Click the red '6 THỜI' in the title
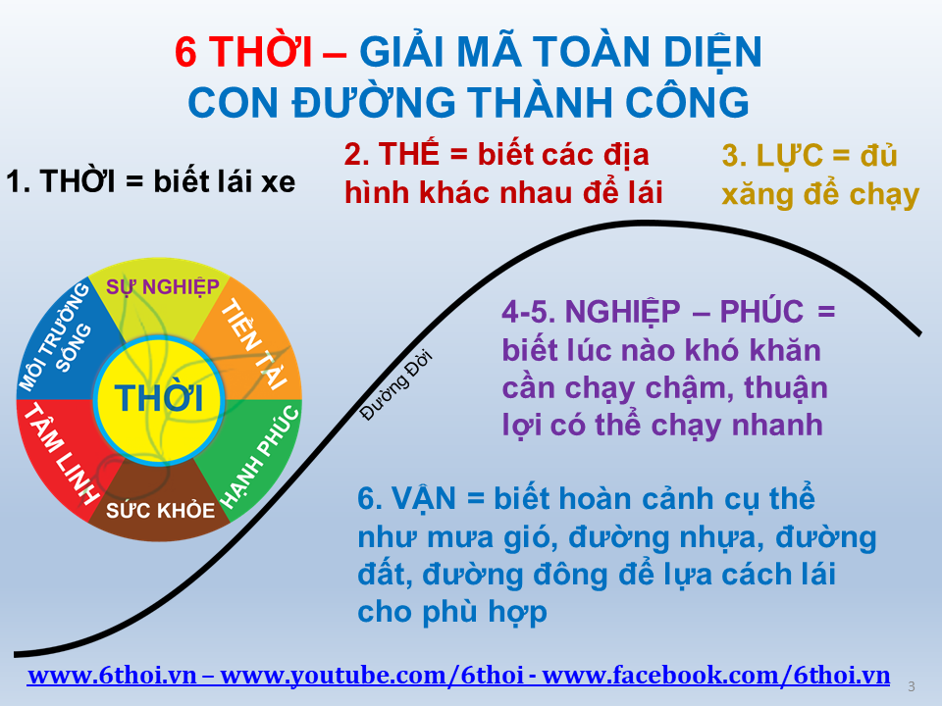pyautogui.click(x=243, y=51)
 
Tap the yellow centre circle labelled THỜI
pyautogui.click(x=159, y=399)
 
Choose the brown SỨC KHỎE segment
pyautogui.click(x=160, y=507)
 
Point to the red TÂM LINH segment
pyautogui.click(x=63, y=453)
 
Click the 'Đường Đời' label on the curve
pyautogui.click(x=395, y=385)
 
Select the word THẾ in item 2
pyautogui.click(x=408, y=154)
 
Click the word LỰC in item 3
pyautogui.click(x=789, y=156)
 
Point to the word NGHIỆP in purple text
pyautogui.click(x=622, y=312)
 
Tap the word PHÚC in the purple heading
pyautogui.click(x=761, y=312)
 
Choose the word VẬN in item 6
pyautogui.click(x=424, y=499)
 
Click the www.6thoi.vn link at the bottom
pyautogui.click(x=112, y=676)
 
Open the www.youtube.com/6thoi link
pyautogui.click(x=372, y=676)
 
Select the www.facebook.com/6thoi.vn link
pyautogui.click(x=715, y=676)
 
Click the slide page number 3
pyautogui.click(x=912, y=686)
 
